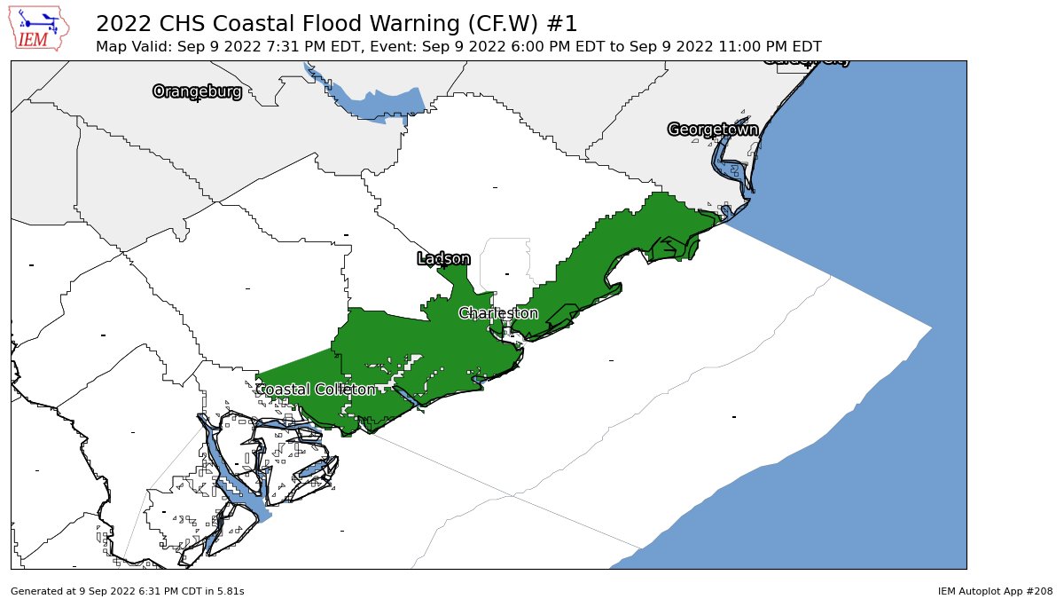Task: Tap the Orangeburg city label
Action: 197,91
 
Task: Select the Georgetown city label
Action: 713,130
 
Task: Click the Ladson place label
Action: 443,258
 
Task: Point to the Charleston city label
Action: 498,313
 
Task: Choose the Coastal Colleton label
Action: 316,390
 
